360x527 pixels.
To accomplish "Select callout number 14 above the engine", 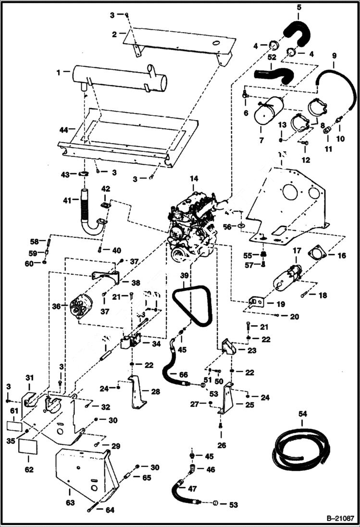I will [x=193, y=179].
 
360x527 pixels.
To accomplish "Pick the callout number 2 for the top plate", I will [x=114, y=34].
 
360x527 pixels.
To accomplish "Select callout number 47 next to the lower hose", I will [x=192, y=489].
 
